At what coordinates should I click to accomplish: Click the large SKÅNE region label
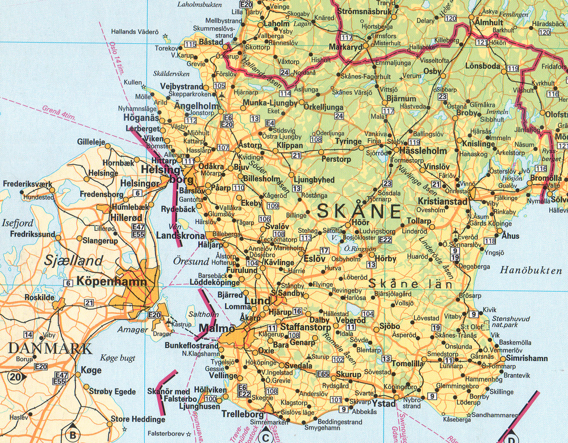[359, 211]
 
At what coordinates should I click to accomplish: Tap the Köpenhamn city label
[112, 281]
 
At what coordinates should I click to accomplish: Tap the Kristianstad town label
[442, 201]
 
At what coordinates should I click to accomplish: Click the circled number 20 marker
[16, 377]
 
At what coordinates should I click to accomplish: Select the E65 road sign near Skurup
[323, 374]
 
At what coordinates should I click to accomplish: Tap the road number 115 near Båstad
[190, 44]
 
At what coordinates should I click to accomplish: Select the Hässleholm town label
[423, 151]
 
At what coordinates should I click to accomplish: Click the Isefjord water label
[18, 223]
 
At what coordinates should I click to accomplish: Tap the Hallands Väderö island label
[135, 32]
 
